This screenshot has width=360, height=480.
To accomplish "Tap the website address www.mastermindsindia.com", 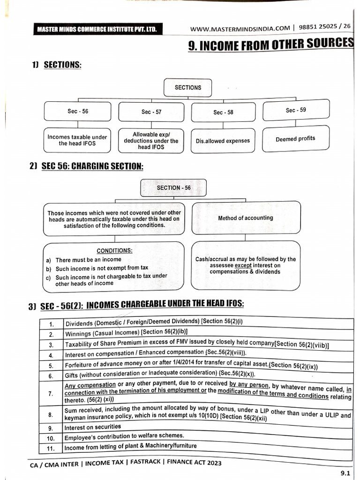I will coord(240,29).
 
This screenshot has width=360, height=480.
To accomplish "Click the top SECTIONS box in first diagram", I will coord(187,88).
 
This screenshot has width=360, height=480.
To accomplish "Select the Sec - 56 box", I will coord(77,112).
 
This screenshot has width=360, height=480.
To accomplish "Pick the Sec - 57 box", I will coord(151,112).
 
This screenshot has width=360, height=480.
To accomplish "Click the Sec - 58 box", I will coord(223,112).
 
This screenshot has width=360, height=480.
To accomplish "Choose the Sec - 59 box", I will coord(295,111).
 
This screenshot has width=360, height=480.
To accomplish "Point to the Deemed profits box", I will coord(295,139).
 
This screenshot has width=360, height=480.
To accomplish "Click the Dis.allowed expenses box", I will coord(223,141).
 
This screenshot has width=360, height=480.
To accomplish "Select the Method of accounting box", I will coord(245,218).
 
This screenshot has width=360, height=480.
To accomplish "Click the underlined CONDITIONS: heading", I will coord(114,250).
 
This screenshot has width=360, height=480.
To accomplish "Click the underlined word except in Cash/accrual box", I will coord(243,265).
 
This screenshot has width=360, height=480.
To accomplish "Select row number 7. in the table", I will coord(50,394).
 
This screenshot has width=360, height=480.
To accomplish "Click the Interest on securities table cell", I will coord(92,427).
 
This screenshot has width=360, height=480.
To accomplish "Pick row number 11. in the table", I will coord(50,447).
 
